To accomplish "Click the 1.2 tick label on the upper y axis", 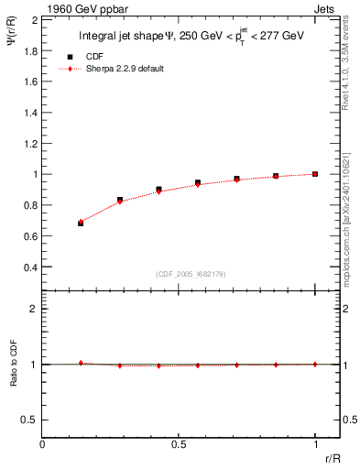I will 30,143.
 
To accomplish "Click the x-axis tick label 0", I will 43,444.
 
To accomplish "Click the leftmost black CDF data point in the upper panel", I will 81,223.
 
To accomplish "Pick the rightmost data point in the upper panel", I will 315,174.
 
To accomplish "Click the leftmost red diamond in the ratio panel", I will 81,363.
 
